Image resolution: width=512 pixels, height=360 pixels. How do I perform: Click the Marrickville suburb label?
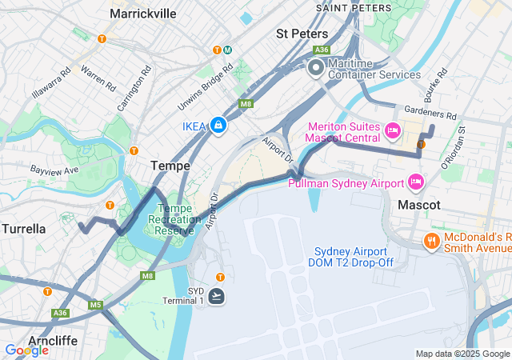point(142,14)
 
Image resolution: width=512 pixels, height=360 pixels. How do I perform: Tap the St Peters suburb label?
point(302,34)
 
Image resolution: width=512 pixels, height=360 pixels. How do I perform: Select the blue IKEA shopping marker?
point(218,126)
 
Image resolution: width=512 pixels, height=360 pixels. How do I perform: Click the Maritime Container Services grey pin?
point(315,68)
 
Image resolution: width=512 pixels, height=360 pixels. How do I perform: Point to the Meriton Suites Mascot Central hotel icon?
point(392,130)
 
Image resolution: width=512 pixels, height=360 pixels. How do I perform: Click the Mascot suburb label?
point(419,205)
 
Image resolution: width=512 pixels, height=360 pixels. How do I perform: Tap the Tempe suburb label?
point(170,166)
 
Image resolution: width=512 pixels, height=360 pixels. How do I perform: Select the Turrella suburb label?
point(23,229)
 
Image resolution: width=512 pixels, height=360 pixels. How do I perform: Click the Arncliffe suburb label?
point(52,341)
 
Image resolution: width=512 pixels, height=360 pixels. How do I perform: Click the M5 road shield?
point(96,305)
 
